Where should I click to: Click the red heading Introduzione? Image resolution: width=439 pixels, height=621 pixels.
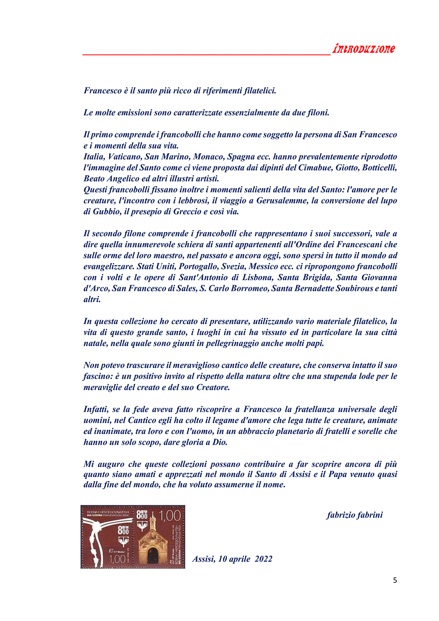[363, 49]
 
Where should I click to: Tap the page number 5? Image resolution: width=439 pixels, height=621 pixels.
[395, 580]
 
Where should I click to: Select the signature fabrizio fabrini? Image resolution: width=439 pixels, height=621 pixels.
[355, 515]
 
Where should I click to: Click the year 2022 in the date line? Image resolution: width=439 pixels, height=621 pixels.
[263, 559]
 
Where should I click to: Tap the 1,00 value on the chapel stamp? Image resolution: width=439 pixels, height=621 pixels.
[170, 515]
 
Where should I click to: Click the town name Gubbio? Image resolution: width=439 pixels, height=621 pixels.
[107, 212]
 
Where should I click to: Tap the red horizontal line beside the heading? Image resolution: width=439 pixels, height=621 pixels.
[206, 55]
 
